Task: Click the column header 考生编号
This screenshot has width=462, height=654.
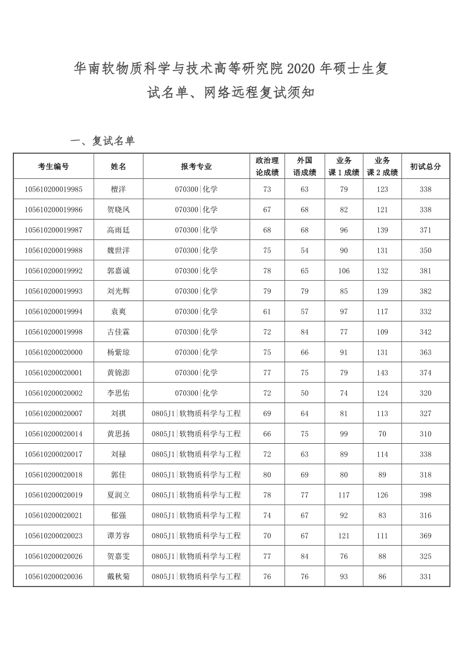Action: click(x=54, y=166)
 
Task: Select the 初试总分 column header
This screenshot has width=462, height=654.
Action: click(x=425, y=166)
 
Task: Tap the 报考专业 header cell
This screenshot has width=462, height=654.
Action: click(x=196, y=166)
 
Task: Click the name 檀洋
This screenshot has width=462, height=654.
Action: click(x=118, y=189)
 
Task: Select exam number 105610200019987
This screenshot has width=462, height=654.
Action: click(x=54, y=230)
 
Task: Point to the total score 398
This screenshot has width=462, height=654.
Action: click(x=425, y=495)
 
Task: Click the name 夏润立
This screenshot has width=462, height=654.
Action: click(x=118, y=495)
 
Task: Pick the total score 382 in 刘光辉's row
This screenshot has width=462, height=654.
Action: click(x=425, y=291)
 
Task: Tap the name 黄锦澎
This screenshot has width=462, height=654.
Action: click(x=118, y=373)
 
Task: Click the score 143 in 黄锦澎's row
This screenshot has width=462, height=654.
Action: click(x=382, y=373)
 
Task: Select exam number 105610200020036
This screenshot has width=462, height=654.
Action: click(x=54, y=577)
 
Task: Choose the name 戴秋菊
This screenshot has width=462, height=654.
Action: click(x=118, y=577)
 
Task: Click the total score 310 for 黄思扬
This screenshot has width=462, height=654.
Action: click(x=425, y=434)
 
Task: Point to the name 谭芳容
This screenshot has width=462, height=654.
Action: click(x=118, y=536)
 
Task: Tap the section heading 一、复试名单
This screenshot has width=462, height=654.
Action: click(x=102, y=141)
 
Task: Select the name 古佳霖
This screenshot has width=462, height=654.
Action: click(x=118, y=332)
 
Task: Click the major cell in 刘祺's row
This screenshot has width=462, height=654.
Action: click(x=196, y=413)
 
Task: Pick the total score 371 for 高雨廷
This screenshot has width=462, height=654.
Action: click(x=425, y=230)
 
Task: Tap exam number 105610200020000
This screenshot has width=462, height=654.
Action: click(x=54, y=352)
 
